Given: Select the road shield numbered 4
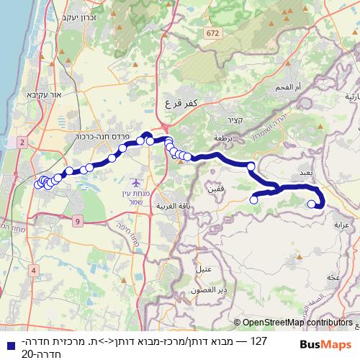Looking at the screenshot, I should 33,270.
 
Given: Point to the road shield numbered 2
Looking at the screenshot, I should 23,143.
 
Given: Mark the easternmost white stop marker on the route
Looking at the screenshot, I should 312,204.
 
